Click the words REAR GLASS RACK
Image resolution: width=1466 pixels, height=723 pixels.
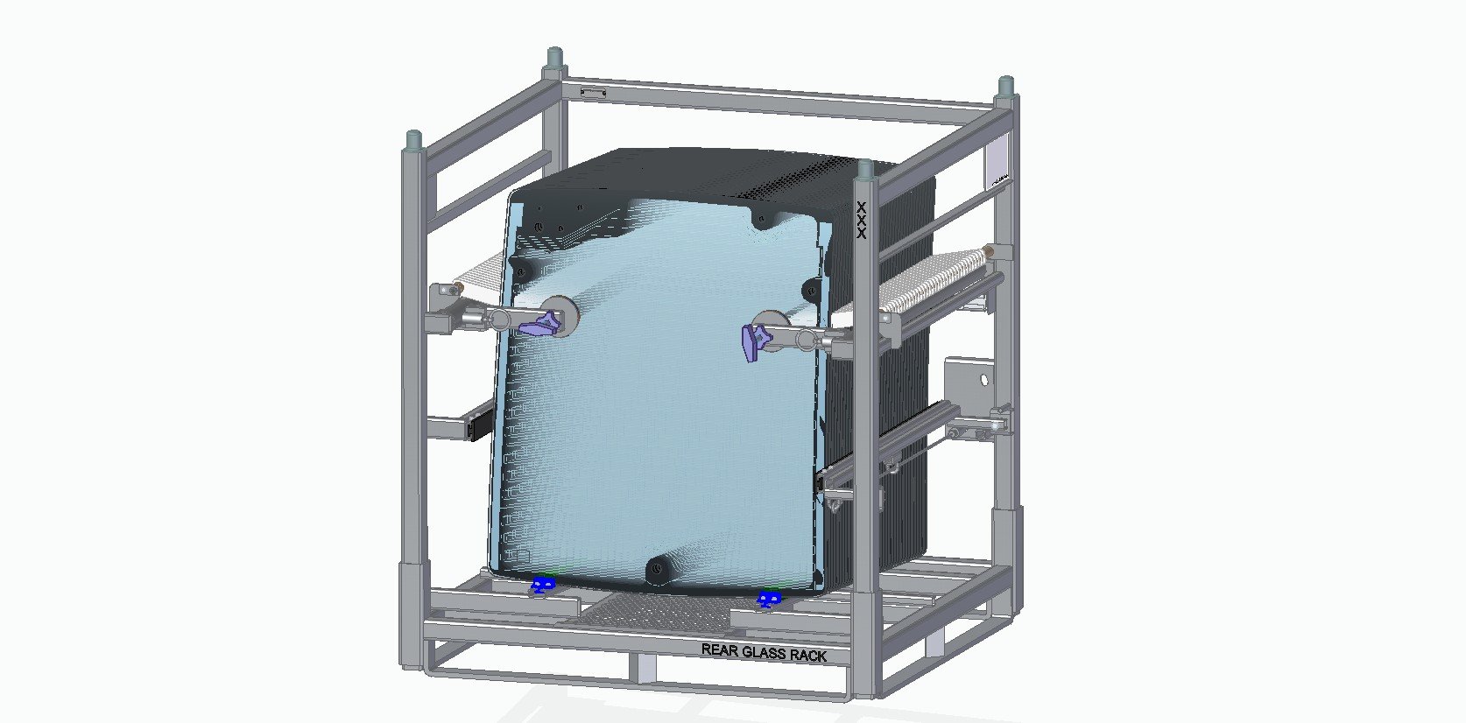pyautogui.click(x=764, y=652)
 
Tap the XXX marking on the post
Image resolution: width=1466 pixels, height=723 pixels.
pyautogui.click(x=862, y=221)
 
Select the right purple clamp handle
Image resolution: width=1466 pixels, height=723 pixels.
pyautogui.click(x=753, y=341)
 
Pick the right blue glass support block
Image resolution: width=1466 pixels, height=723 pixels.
pyautogui.click(x=769, y=600)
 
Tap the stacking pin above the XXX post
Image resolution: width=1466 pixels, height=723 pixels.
pyautogui.click(x=865, y=168)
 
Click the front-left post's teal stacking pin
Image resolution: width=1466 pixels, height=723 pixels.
pyautogui.click(x=413, y=139)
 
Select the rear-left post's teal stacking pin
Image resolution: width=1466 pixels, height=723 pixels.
pyautogui.click(x=554, y=58)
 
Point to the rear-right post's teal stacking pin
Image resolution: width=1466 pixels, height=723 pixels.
pyautogui.click(x=1005, y=86)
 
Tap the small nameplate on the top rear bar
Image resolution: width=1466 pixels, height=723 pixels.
pyautogui.click(x=593, y=91)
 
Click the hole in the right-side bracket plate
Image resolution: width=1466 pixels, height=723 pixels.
pyautogui.click(x=983, y=380)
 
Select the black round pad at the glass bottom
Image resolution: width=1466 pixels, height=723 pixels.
pyautogui.click(x=658, y=571)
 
